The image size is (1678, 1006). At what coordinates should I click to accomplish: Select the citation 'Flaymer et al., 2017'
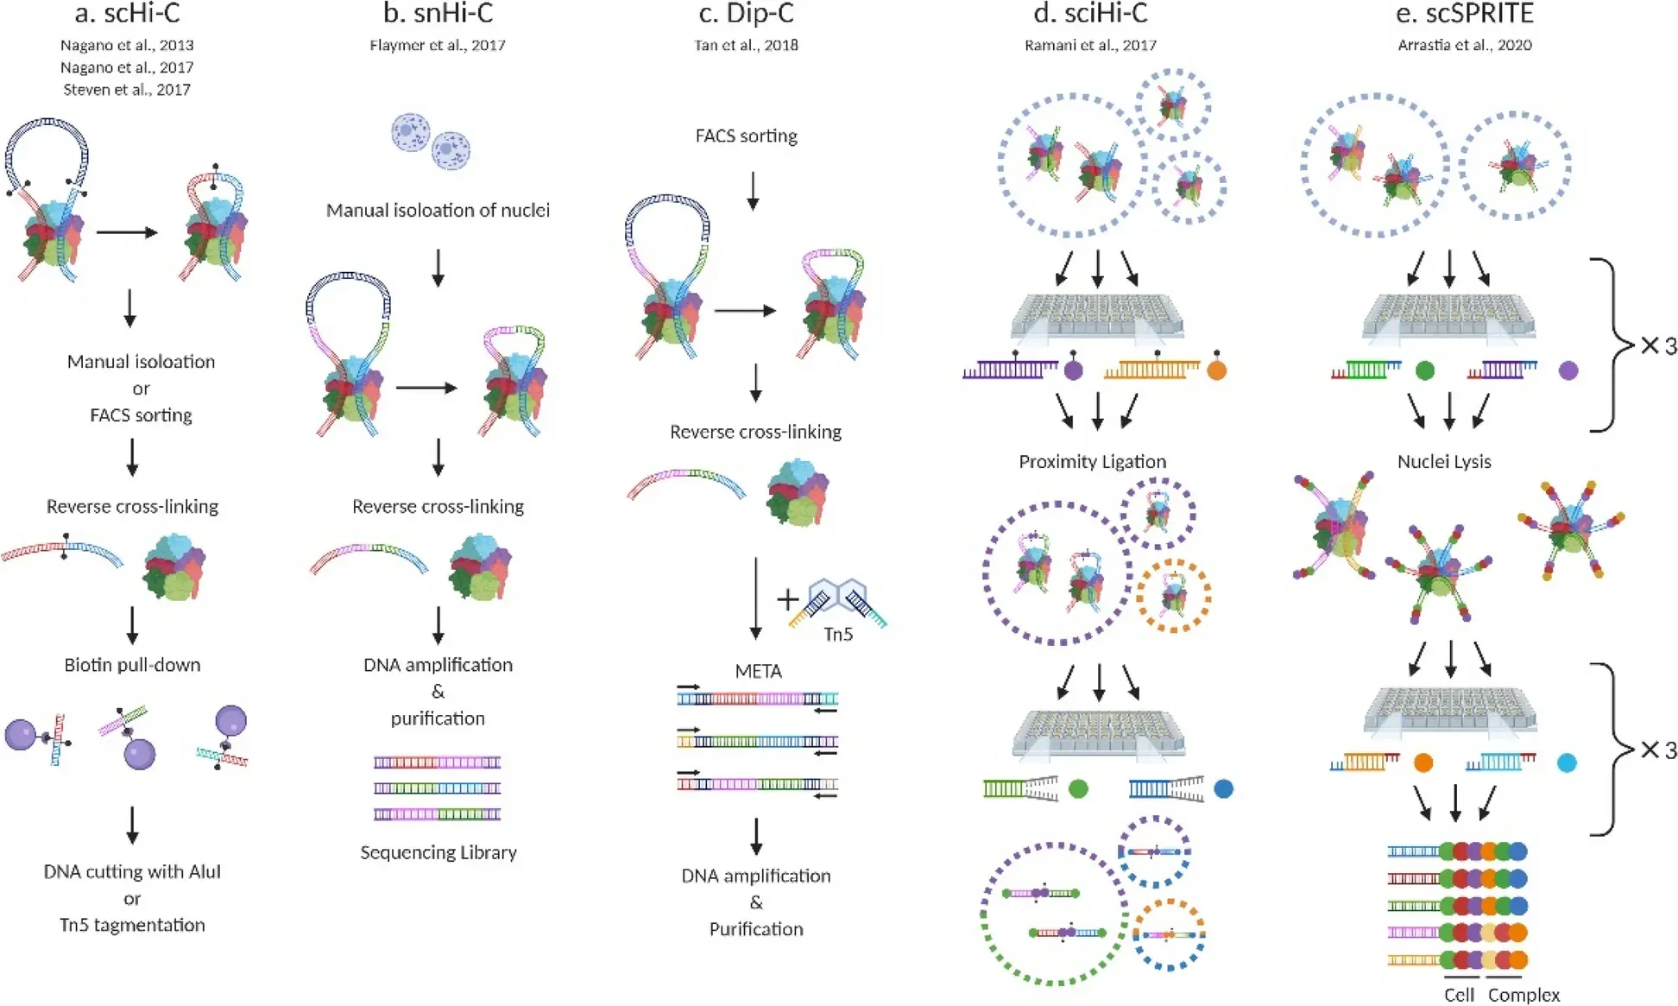point(438,45)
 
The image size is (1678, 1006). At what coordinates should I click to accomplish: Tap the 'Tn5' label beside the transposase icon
point(837,634)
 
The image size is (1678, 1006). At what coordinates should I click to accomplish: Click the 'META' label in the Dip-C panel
point(758,671)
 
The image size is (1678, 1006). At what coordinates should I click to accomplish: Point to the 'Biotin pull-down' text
point(132,665)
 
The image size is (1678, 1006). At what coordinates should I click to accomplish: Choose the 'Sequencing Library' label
point(438,852)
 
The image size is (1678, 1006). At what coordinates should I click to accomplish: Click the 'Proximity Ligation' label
point(1092,461)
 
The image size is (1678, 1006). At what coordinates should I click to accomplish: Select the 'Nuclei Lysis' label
point(1444,461)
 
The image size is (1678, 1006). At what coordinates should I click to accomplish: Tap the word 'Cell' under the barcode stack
point(1459,995)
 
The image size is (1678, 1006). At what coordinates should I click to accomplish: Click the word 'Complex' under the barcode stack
point(1523,995)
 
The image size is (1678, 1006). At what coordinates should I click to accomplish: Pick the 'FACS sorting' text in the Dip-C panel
point(747,136)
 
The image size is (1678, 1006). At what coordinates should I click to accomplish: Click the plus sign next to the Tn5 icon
point(787,598)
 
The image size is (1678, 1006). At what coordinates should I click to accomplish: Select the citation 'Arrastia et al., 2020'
point(1465,45)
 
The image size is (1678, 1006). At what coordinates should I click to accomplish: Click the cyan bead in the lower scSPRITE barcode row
point(1567,762)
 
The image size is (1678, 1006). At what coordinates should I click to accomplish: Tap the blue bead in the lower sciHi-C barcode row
point(1223,788)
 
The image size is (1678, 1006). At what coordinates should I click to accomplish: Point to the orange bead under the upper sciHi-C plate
point(1216,371)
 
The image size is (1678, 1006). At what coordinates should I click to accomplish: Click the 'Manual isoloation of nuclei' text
point(438,210)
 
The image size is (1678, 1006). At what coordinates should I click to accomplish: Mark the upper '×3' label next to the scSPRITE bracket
point(1658,346)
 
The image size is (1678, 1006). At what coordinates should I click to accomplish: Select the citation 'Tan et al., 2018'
point(746,45)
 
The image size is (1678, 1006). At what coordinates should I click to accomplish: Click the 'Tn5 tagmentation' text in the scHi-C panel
point(132,925)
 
